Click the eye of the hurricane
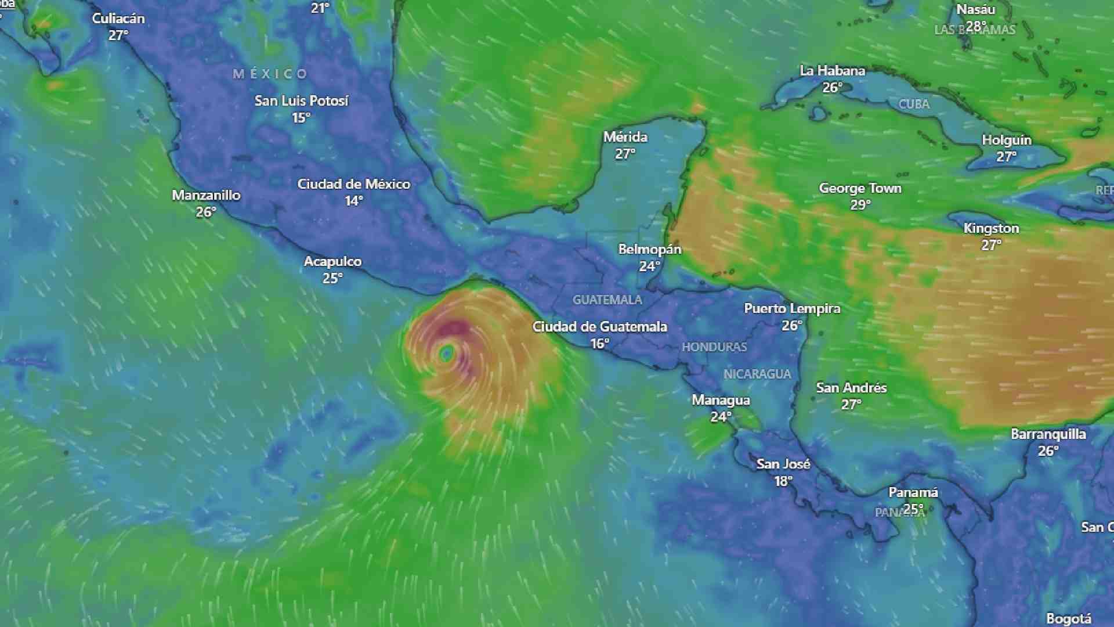(x=447, y=352)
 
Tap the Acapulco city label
(x=332, y=261)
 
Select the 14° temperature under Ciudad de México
(x=353, y=201)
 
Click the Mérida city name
(x=625, y=137)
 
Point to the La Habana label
(x=832, y=71)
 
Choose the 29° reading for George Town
(x=860, y=205)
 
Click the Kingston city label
(x=991, y=228)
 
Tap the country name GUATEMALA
(x=607, y=300)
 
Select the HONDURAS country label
(x=714, y=347)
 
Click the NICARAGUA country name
(x=757, y=374)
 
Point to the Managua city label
(x=721, y=400)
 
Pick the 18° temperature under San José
(x=783, y=481)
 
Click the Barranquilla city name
(x=1048, y=434)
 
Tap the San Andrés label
(x=851, y=388)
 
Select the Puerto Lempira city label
(x=792, y=309)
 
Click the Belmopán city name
(x=649, y=249)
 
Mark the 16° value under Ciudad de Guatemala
(x=599, y=344)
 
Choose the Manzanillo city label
(x=206, y=195)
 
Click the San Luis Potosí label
(x=301, y=101)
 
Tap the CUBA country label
(x=914, y=105)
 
